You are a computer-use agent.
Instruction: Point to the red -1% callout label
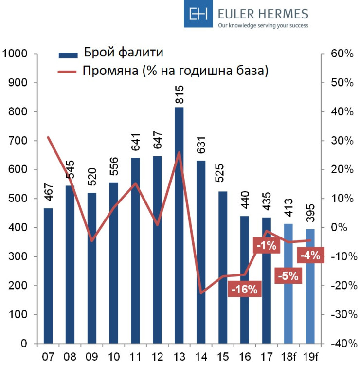[x=267, y=246]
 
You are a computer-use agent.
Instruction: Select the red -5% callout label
[x=288, y=276]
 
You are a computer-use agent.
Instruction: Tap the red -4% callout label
[x=309, y=255]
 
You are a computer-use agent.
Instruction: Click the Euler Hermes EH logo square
[x=198, y=15]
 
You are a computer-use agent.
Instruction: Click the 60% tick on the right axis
[x=342, y=54]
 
